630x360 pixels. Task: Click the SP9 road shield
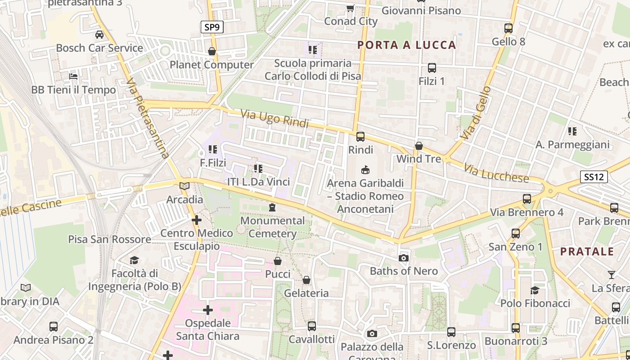point(212,27)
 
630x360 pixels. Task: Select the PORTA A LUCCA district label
point(407,45)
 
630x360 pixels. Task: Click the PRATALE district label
point(587,252)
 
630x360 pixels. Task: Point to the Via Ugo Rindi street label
point(274,118)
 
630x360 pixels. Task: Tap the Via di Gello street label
point(476,113)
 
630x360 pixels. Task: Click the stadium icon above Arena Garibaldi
point(365,170)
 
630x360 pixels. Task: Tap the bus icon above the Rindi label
point(360,137)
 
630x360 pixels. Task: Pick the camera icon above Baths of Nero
point(404,258)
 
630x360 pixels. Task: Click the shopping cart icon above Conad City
point(350,8)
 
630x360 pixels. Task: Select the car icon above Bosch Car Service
point(99,34)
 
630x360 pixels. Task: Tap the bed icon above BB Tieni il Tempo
point(73,76)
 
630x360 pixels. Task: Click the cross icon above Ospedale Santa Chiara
point(208,310)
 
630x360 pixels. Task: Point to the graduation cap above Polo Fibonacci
point(535,290)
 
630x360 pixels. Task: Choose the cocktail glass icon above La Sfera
point(611,274)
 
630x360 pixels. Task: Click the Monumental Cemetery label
point(273,227)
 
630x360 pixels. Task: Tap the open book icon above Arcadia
point(184,186)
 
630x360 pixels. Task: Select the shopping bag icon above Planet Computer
point(212,51)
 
